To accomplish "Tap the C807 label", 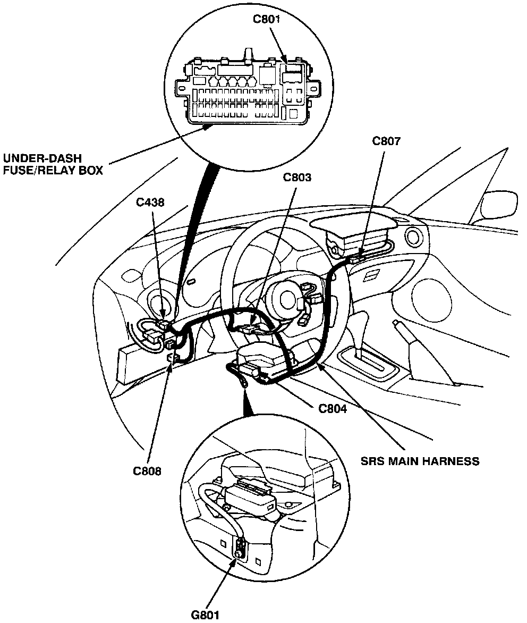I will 386,141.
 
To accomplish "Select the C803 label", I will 297,177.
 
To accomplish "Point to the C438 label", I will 149,202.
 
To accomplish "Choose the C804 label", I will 333,409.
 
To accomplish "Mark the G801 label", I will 205,615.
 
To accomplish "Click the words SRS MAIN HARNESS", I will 420,461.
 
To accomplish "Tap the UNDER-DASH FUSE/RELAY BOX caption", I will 53,164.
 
